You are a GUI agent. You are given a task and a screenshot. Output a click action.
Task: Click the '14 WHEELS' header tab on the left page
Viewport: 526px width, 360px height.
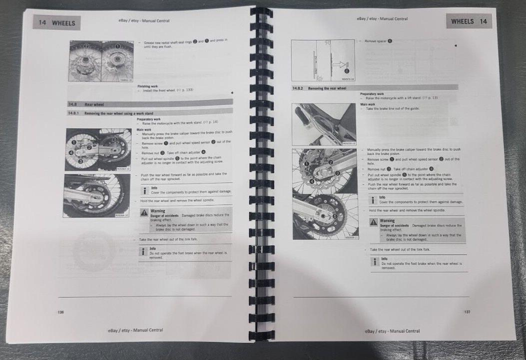coord(56,23)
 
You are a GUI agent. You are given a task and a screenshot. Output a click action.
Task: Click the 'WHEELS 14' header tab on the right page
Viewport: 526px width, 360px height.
coord(469,21)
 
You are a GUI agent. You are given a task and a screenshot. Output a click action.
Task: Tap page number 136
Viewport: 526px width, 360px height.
coord(61,312)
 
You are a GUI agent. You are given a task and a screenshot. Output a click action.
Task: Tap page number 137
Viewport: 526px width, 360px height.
coord(467,312)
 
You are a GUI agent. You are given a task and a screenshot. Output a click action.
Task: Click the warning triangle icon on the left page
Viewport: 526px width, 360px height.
coord(144,213)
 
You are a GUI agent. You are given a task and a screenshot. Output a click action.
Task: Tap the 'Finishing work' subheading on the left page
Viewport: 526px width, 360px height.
coord(147,86)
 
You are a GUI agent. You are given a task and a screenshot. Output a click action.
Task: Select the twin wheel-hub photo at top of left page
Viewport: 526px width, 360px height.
coord(101,61)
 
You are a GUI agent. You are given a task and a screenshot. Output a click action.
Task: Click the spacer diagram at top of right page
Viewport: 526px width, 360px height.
coord(323,60)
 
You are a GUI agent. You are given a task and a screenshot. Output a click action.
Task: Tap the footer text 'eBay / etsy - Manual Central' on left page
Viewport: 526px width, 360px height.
coord(135,330)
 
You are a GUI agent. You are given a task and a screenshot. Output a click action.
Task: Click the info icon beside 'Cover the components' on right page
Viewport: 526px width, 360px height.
coord(374,199)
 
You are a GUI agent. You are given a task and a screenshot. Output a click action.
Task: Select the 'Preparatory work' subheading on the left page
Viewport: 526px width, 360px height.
coord(148,119)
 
